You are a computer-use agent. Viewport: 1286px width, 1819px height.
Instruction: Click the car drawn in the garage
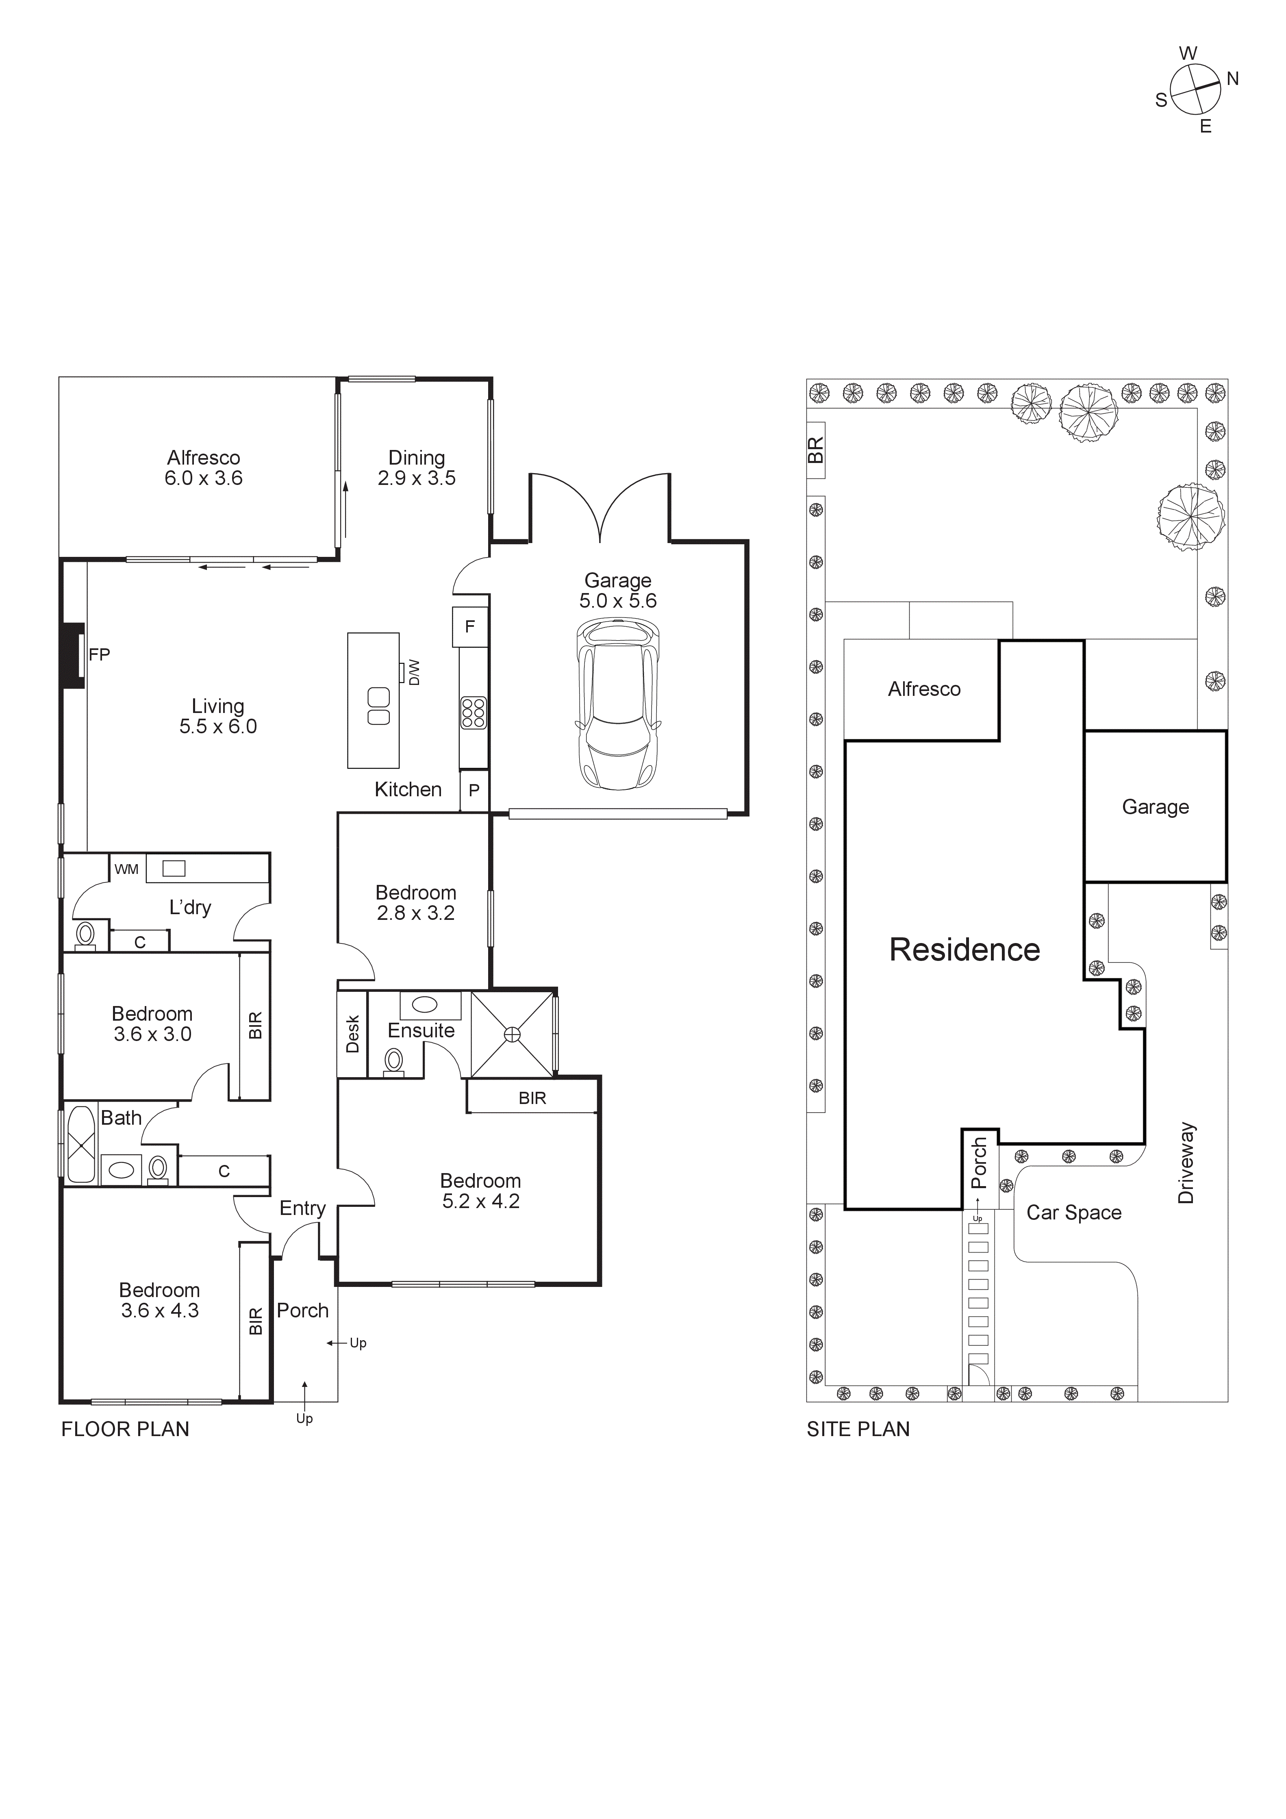click(618, 704)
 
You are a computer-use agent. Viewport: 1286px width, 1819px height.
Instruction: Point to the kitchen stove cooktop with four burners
click(473, 712)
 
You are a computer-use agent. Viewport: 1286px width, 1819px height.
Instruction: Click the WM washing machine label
click(126, 869)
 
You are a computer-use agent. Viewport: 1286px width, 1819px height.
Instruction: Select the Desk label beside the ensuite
click(353, 1034)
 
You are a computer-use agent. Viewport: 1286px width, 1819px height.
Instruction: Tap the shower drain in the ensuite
click(513, 1034)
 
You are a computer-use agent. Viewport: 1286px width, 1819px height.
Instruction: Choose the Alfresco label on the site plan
click(924, 689)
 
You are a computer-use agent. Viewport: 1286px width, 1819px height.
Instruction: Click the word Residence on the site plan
click(964, 950)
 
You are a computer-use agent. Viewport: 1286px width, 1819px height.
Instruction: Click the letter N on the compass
click(1232, 78)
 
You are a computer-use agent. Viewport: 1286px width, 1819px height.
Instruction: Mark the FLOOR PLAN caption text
click(125, 1429)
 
